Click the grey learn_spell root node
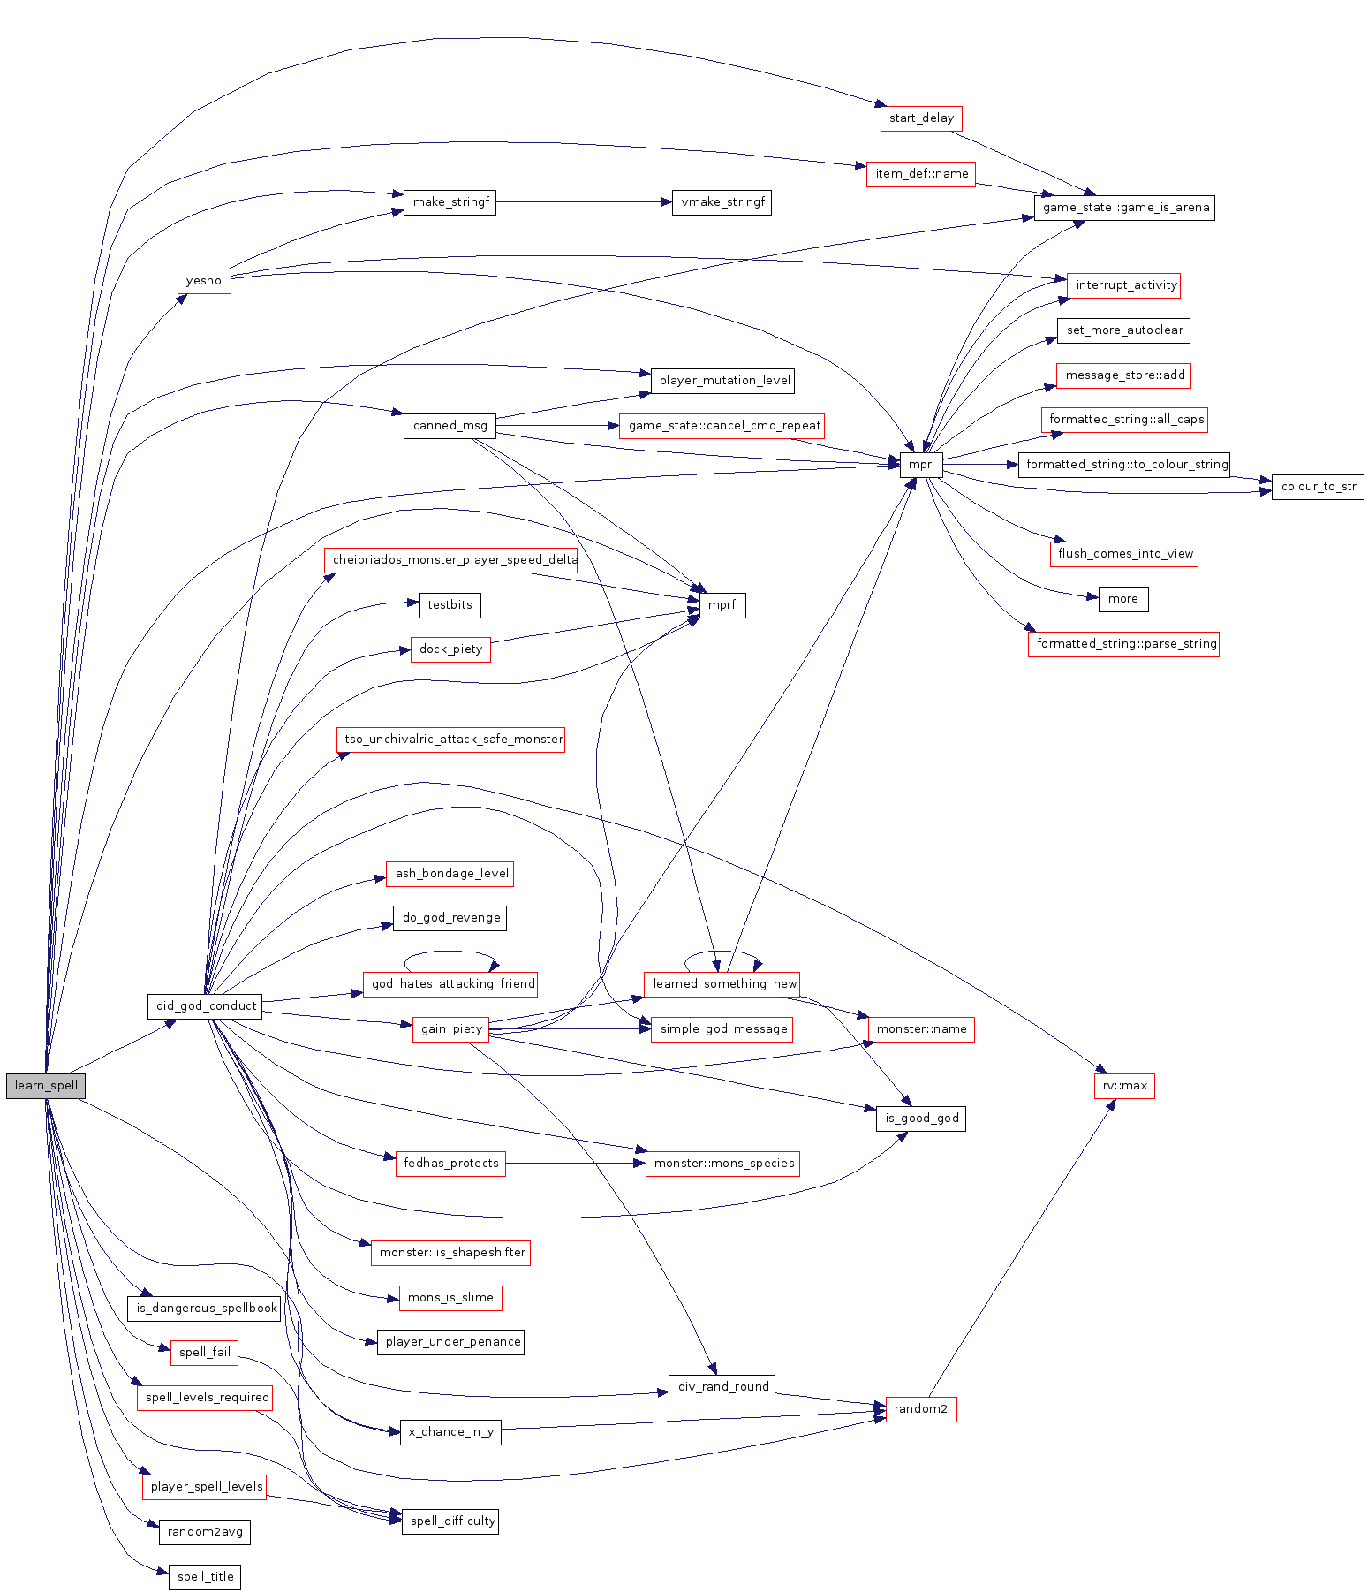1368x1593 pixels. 46,1086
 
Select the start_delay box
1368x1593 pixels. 921,118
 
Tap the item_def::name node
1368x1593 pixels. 921,174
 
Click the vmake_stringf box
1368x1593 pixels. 722,202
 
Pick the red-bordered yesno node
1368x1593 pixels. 204,281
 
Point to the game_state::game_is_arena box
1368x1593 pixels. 1124,208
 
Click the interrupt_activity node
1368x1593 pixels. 1124,285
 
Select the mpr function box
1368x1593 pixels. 921,465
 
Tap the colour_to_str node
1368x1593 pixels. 1318,487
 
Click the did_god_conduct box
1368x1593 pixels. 206,1006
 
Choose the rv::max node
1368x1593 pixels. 1124,1086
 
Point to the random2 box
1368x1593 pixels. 921,1409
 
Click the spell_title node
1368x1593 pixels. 205,1577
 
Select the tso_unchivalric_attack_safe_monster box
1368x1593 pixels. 451,740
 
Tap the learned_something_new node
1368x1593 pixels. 723,984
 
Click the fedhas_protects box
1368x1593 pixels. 451,1164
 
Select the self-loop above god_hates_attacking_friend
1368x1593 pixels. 450,954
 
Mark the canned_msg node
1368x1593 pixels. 450,426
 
